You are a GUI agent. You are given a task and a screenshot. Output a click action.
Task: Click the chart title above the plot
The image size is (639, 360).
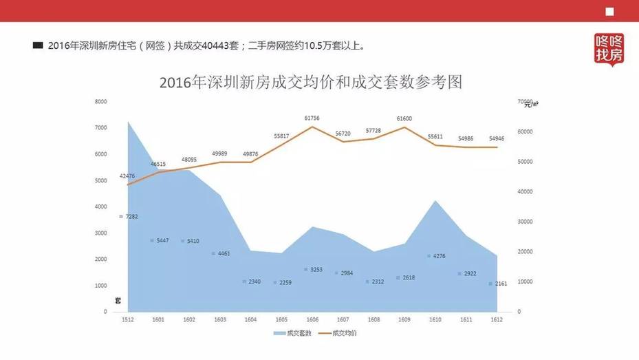click(x=310, y=83)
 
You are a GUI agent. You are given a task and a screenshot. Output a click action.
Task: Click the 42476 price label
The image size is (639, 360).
click(x=127, y=176)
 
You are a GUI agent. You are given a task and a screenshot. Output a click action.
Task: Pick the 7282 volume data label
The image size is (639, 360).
click(x=131, y=217)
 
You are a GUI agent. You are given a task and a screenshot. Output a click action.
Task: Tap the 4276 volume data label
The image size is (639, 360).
click(x=437, y=256)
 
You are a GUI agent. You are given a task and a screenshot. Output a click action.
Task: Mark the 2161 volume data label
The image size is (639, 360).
click(x=500, y=284)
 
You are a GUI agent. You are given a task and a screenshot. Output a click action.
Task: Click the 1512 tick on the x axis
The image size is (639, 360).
click(x=127, y=320)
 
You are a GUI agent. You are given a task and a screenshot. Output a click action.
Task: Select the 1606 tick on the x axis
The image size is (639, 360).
click(x=312, y=320)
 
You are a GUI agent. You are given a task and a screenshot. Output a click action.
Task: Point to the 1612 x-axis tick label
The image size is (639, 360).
click(x=497, y=320)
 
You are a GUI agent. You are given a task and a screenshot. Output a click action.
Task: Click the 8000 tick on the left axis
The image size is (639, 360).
click(x=100, y=102)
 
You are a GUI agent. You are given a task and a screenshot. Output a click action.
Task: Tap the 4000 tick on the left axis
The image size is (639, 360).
click(x=100, y=207)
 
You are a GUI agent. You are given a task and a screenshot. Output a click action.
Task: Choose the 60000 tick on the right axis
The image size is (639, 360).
click(x=526, y=131)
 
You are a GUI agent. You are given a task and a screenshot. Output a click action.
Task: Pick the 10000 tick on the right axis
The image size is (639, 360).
click(x=526, y=282)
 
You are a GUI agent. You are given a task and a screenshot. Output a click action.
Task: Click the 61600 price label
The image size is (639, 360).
click(x=404, y=118)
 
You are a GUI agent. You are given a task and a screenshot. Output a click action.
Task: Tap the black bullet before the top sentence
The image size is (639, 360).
click(x=38, y=46)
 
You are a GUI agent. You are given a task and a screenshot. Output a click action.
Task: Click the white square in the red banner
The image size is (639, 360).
click(x=609, y=11)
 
